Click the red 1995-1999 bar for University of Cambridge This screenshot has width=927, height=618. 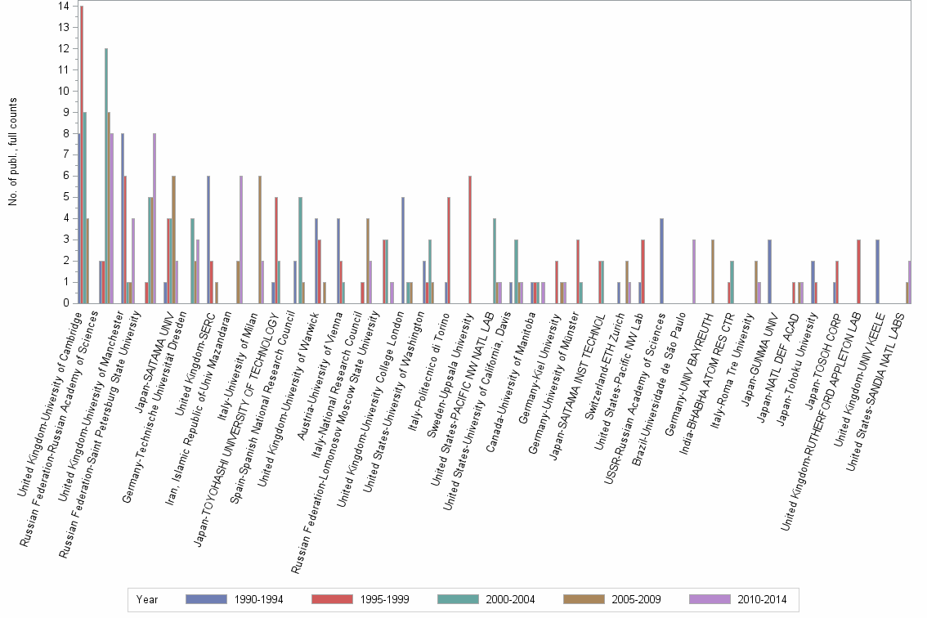[x=82, y=154]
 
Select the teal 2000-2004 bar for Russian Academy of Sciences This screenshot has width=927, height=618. [x=106, y=176]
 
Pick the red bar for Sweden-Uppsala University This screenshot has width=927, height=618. [x=470, y=240]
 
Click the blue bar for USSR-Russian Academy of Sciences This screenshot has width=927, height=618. [x=661, y=261]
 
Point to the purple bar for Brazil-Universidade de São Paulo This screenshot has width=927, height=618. [x=693, y=271]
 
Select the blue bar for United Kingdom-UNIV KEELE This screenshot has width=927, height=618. [x=877, y=271]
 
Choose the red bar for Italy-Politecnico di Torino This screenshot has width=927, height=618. [x=449, y=250]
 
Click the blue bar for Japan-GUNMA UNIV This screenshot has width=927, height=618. [x=770, y=271]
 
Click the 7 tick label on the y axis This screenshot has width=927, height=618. [x=65, y=154]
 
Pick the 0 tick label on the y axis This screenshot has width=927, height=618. [x=65, y=303]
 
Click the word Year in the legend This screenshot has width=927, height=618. [x=147, y=600]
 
